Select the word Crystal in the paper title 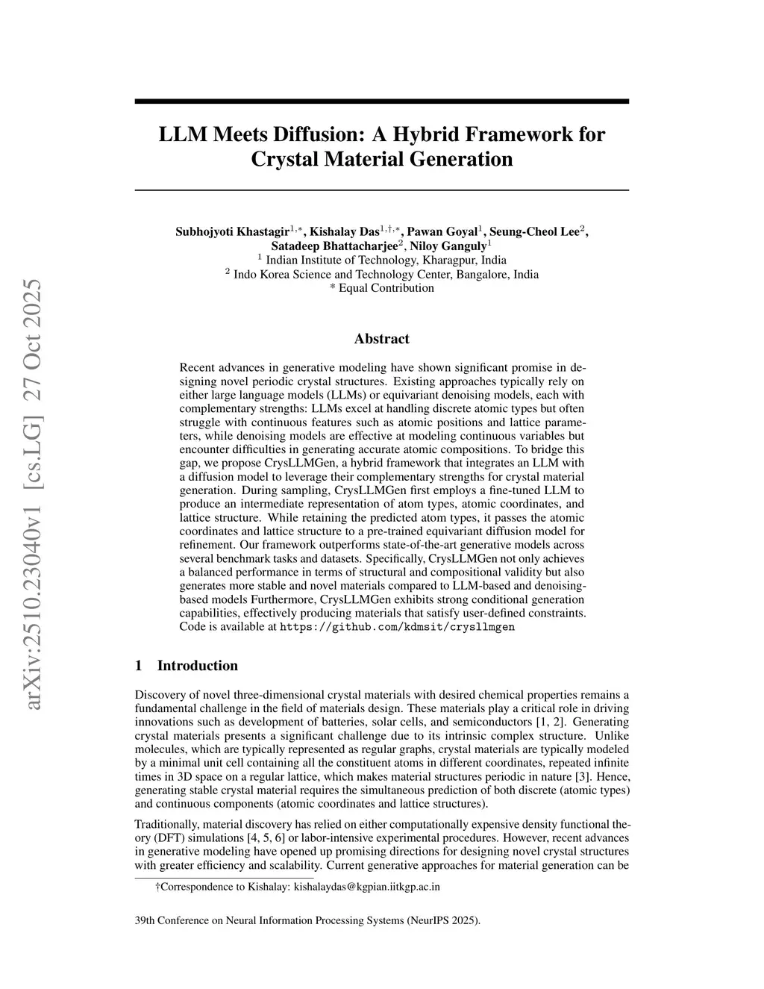[x=286, y=159]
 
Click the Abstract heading [x=381, y=339]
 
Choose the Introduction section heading [x=197, y=666]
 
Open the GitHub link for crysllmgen [x=397, y=627]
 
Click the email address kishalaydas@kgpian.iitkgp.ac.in [x=367, y=887]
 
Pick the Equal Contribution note [x=386, y=288]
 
